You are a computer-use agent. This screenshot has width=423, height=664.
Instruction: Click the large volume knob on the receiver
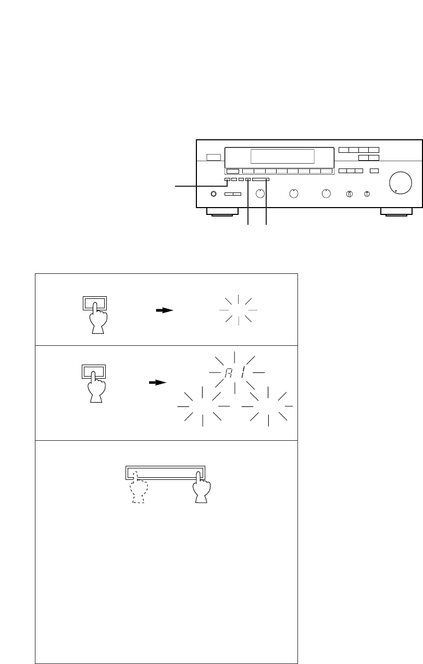click(x=401, y=183)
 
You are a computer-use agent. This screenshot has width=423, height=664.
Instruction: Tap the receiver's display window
click(x=282, y=156)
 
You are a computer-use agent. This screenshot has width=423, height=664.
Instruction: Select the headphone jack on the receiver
click(x=214, y=194)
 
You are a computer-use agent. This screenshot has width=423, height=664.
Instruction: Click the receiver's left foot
click(x=222, y=212)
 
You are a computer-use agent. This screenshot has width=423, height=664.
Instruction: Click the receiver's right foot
click(x=396, y=212)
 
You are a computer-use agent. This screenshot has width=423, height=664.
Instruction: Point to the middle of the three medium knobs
click(x=294, y=194)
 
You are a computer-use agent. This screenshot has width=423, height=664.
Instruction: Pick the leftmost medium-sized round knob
click(x=260, y=194)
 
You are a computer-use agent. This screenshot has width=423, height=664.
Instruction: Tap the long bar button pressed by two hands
click(x=165, y=473)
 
